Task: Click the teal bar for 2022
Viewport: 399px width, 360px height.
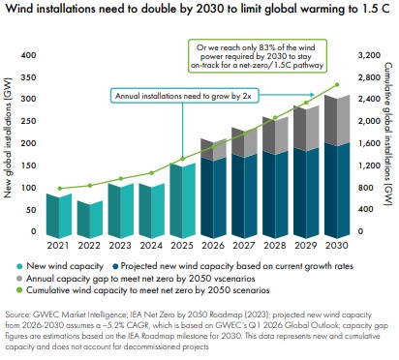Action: (90, 220)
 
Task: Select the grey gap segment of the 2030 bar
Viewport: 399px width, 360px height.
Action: (337, 121)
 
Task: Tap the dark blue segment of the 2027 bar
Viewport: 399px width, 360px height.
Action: (244, 196)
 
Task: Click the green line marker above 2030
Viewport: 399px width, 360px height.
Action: (337, 85)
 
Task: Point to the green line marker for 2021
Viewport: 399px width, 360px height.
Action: (59, 189)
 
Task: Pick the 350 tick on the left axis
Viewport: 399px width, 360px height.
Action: (28, 77)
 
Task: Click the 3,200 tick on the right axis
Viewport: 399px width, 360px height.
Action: (369, 55)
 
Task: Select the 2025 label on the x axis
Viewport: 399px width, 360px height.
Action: (182, 246)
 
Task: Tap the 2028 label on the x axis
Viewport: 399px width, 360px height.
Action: (275, 246)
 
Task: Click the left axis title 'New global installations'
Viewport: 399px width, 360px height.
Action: (8, 137)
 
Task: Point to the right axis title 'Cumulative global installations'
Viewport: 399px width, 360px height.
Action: (387, 134)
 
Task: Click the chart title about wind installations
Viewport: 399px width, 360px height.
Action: (198, 9)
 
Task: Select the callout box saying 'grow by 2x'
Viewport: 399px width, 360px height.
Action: (185, 96)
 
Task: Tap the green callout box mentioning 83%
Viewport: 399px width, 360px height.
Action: (258, 56)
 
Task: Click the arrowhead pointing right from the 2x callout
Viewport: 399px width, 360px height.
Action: (312, 95)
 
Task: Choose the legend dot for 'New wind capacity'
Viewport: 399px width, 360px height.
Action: (19, 266)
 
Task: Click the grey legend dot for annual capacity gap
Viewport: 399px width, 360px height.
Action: (19, 279)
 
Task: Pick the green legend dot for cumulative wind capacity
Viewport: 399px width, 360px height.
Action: (19, 290)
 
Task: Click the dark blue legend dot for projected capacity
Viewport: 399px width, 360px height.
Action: (115, 266)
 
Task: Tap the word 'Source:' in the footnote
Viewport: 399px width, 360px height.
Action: (18, 315)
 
